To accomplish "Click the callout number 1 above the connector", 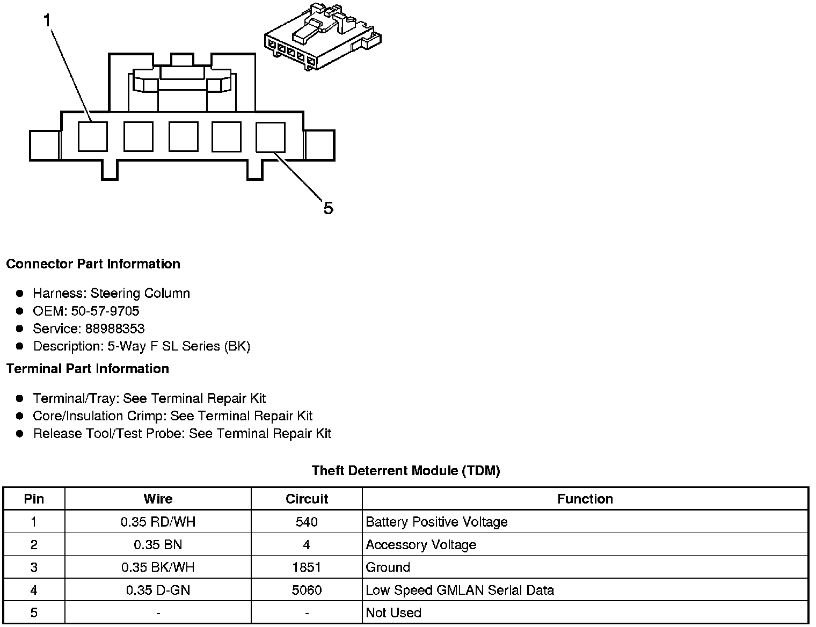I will click(x=47, y=20).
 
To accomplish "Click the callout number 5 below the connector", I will click(x=329, y=208).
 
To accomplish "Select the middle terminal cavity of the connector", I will click(x=183, y=136).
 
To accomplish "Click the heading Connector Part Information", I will click(x=93, y=264).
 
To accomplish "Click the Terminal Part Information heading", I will click(x=88, y=369).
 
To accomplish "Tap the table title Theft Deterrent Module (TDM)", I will click(x=406, y=471).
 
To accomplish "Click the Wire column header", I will click(x=158, y=499).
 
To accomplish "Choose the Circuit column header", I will click(x=307, y=499).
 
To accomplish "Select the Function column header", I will click(x=585, y=499).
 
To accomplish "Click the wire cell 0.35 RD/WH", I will click(x=158, y=522).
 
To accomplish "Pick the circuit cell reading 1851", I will click(x=307, y=567).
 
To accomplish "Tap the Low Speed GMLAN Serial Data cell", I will click(x=460, y=590).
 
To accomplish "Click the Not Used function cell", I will click(x=394, y=613).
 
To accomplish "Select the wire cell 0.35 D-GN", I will click(x=158, y=590).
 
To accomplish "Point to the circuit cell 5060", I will click(x=307, y=590).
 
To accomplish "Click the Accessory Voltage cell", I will click(x=421, y=545).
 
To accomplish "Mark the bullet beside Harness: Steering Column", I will click(x=20, y=293).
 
